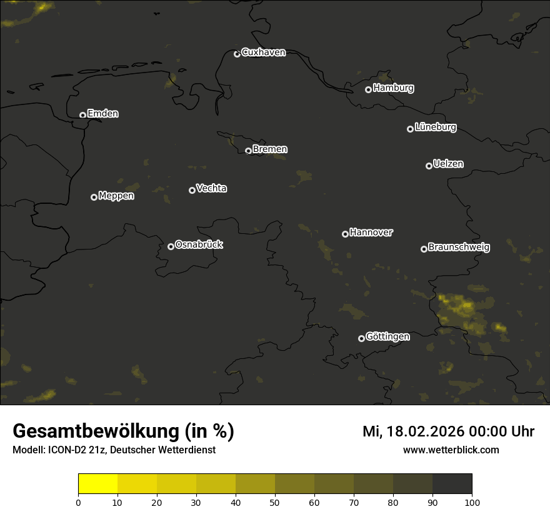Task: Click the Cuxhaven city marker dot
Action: coord(237,54)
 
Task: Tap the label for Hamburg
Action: coord(393,88)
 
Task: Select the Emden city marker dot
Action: coord(82,115)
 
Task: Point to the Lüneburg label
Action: coord(435,128)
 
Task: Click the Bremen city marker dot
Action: coord(248,151)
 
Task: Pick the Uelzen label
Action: coord(448,164)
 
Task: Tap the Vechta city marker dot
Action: coord(192,190)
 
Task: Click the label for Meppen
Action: coord(116,196)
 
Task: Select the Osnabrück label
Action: coord(199,244)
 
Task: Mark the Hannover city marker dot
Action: coord(345,234)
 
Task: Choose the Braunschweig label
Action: coord(459,247)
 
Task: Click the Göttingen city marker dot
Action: coord(361,338)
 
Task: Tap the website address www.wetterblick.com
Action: coord(451,450)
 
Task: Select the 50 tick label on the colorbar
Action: coord(275,502)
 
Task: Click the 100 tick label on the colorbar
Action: coord(472,502)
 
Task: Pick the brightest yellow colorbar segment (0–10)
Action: coord(97,484)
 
